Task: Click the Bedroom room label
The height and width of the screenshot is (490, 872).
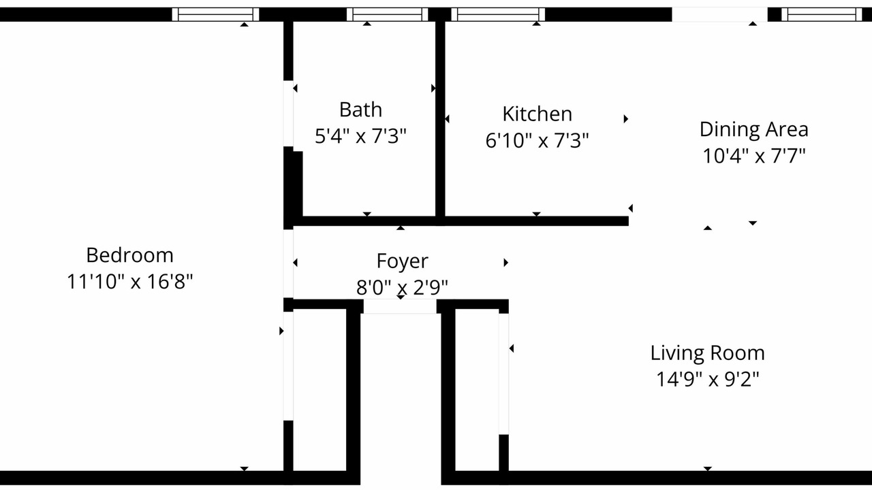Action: click(x=129, y=255)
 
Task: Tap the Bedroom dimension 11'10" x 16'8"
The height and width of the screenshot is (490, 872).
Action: click(x=130, y=282)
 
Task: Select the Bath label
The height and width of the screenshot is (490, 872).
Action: click(x=360, y=110)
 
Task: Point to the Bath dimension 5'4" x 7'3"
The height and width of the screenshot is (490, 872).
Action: click(x=360, y=136)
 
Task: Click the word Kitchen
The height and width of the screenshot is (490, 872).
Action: click(x=538, y=114)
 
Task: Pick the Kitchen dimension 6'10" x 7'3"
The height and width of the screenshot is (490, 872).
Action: click(x=538, y=140)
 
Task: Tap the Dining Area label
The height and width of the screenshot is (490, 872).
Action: click(x=754, y=129)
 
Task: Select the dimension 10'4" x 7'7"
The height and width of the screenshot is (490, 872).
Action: click(x=754, y=156)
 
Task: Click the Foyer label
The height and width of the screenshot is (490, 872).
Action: click(x=402, y=261)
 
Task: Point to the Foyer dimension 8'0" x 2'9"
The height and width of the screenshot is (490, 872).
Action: click(x=402, y=287)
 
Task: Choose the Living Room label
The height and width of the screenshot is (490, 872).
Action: click(x=707, y=353)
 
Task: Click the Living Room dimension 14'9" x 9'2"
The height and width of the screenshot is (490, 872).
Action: click(x=707, y=379)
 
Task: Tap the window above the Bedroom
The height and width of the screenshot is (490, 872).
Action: click(x=215, y=14)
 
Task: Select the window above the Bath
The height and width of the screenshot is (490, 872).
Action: click(x=387, y=14)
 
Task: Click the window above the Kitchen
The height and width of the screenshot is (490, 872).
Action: click(x=498, y=14)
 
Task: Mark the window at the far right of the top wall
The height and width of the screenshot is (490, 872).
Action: click(x=822, y=14)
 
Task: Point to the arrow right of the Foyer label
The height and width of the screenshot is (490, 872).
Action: click(x=505, y=263)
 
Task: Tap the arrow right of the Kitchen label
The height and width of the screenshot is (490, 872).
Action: click(x=625, y=118)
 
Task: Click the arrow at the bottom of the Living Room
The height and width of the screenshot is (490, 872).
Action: click(x=708, y=469)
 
